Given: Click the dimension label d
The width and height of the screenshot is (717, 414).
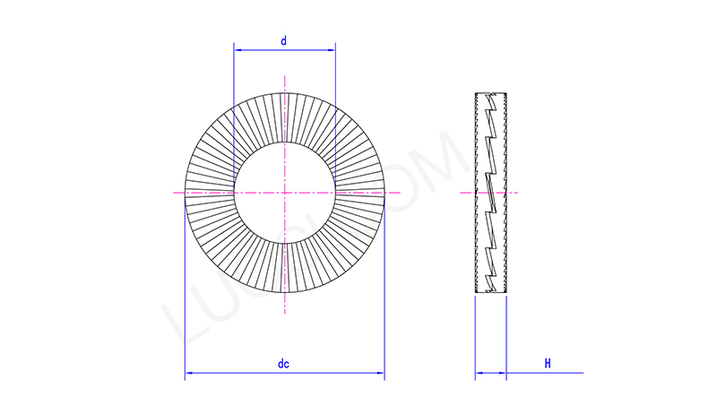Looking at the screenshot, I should (x=283, y=41).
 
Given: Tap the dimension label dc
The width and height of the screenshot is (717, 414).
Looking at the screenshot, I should (x=283, y=364).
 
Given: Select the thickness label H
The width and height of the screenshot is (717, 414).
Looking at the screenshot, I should (x=547, y=363).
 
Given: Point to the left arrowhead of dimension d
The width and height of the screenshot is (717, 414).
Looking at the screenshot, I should (x=238, y=52).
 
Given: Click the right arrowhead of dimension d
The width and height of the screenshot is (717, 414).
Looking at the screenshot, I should (x=332, y=52).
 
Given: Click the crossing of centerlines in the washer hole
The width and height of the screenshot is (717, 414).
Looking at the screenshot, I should (x=284, y=193).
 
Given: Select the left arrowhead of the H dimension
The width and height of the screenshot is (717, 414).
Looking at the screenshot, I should (x=479, y=373).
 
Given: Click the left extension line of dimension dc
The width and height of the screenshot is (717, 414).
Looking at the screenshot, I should (x=185, y=296).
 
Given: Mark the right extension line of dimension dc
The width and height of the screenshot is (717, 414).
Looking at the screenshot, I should (x=384, y=296).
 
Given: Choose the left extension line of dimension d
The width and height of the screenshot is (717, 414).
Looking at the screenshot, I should (x=233, y=108).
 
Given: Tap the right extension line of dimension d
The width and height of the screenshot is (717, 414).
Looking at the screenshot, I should (x=336, y=108).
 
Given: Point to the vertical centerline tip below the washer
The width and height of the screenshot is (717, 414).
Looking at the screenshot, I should (x=284, y=310).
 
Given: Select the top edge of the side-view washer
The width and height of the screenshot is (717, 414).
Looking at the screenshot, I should (x=490, y=93).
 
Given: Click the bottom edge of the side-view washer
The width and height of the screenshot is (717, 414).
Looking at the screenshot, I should (x=490, y=293).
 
